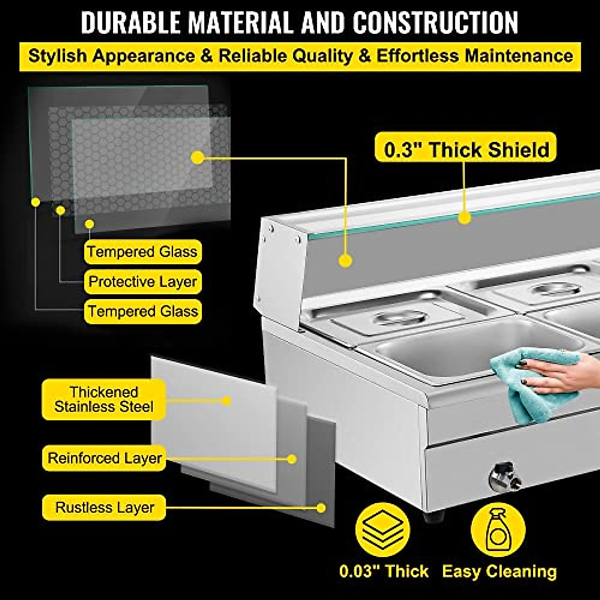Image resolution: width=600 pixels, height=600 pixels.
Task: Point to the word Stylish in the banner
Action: (58, 56)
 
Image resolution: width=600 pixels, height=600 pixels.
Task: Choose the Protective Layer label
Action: (142, 281)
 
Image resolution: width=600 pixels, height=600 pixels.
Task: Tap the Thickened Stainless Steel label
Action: (103, 399)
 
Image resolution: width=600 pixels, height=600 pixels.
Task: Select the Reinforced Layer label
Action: (104, 458)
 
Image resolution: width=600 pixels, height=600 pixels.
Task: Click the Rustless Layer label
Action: (104, 507)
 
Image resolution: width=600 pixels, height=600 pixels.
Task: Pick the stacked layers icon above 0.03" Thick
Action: (382, 528)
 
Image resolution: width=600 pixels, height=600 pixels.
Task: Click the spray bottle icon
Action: (498, 529)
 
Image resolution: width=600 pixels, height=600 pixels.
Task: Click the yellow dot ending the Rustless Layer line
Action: (321, 507)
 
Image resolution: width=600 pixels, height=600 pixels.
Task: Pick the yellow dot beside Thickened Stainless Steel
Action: (226, 400)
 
